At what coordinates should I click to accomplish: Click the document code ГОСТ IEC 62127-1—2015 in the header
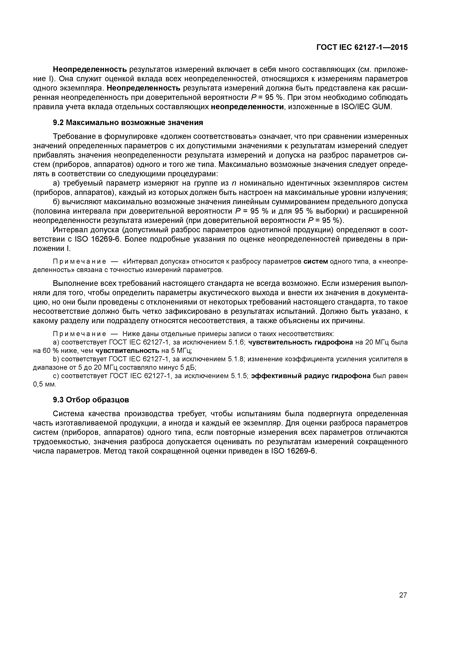(x=362, y=47)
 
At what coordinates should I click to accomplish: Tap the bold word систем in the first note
(x=316, y=262)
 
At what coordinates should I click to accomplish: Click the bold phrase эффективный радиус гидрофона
(x=312, y=376)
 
